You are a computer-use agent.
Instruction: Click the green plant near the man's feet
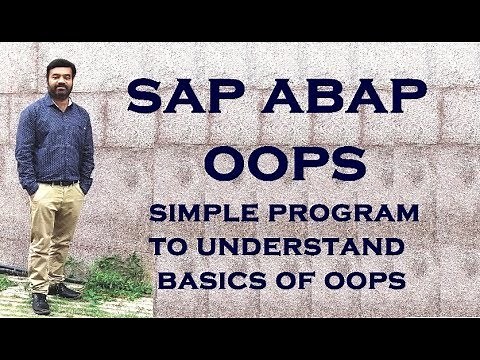(105, 280)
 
